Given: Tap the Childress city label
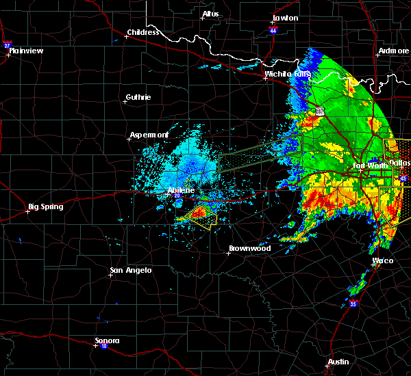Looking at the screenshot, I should (x=142, y=32).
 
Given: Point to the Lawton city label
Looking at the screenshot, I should (x=285, y=18).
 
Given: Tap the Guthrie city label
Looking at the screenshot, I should (x=138, y=97).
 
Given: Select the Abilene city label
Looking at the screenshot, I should (x=181, y=190).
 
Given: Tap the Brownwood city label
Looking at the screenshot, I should (x=249, y=248).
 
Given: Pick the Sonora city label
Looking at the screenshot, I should (x=108, y=340).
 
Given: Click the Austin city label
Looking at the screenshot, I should (x=338, y=361).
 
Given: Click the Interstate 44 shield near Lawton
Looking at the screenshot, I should (x=273, y=31).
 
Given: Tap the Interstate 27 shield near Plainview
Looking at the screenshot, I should (x=8, y=44).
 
